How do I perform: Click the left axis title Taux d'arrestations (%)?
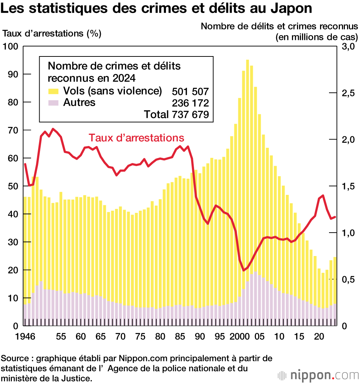[x=52, y=34]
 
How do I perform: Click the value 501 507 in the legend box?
[x=190, y=91]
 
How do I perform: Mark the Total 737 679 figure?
[x=176, y=115]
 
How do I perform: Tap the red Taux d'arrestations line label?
[x=136, y=138]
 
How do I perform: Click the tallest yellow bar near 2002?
[x=247, y=180]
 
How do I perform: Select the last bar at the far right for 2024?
[x=335, y=288]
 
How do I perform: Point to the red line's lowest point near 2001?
[x=243, y=270]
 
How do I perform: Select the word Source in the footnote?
[x=14, y=358]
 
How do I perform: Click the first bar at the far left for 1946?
[x=25, y=259]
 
